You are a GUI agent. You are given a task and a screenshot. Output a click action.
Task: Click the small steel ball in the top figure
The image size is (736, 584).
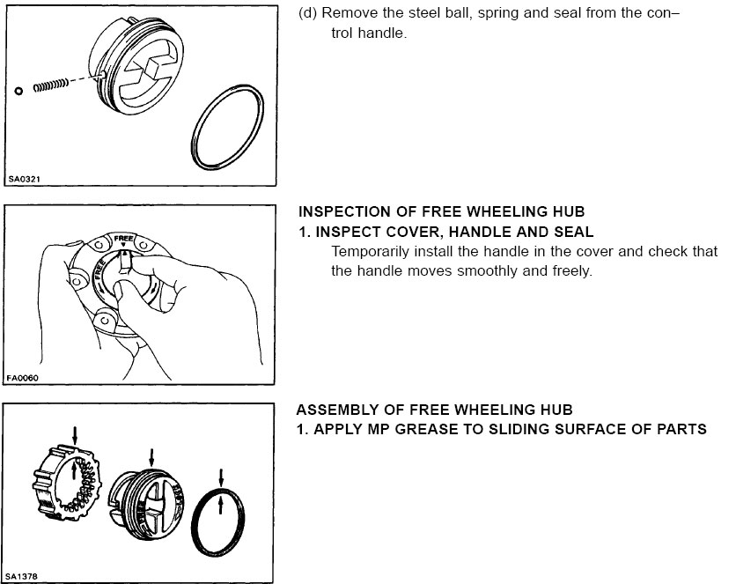coord(18,90)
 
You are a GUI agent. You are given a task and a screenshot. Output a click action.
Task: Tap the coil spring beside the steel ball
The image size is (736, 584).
coord(51,85)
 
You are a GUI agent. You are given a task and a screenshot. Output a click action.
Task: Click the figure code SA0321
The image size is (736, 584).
coord(25,180)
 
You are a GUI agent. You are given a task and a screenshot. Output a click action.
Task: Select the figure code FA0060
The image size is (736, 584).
coord(25,378)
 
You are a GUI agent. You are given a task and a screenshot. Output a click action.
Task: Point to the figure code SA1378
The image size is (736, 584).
coord(25,577)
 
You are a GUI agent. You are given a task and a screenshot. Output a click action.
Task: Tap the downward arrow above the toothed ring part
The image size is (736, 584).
coord(76,432)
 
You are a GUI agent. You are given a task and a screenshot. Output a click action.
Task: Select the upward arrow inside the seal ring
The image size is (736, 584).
coord(220,507)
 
